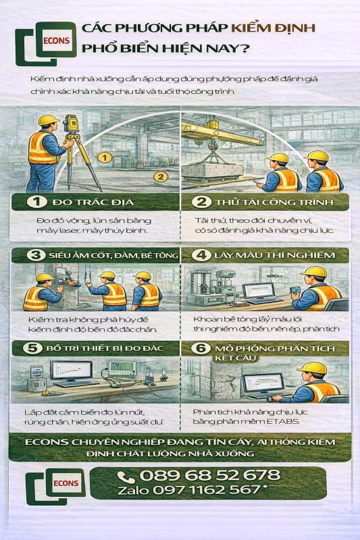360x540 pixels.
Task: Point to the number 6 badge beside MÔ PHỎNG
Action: point(201,348)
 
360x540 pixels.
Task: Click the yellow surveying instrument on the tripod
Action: point(71,123)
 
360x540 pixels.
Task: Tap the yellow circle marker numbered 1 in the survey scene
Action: point(103,157)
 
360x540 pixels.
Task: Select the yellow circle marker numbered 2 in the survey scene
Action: point(160,177)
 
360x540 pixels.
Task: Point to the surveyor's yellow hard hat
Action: point(48,120)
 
